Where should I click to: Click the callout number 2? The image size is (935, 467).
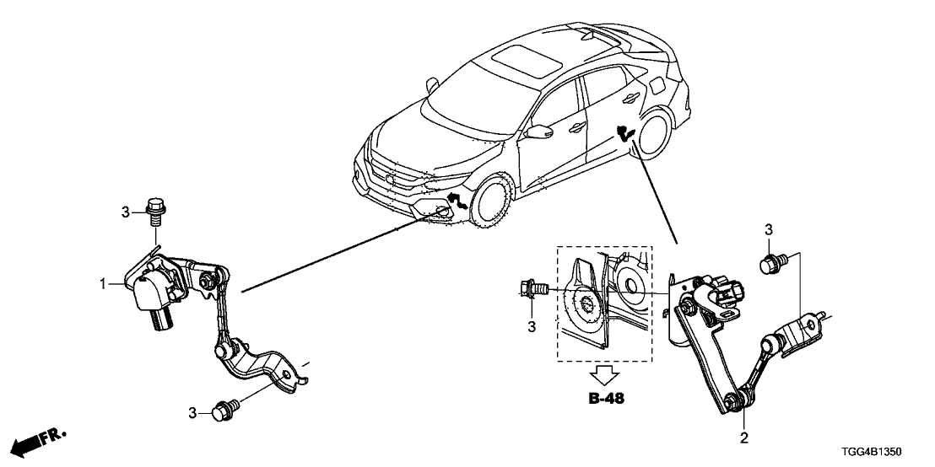[743, 438]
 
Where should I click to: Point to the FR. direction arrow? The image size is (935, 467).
[38, 440]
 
